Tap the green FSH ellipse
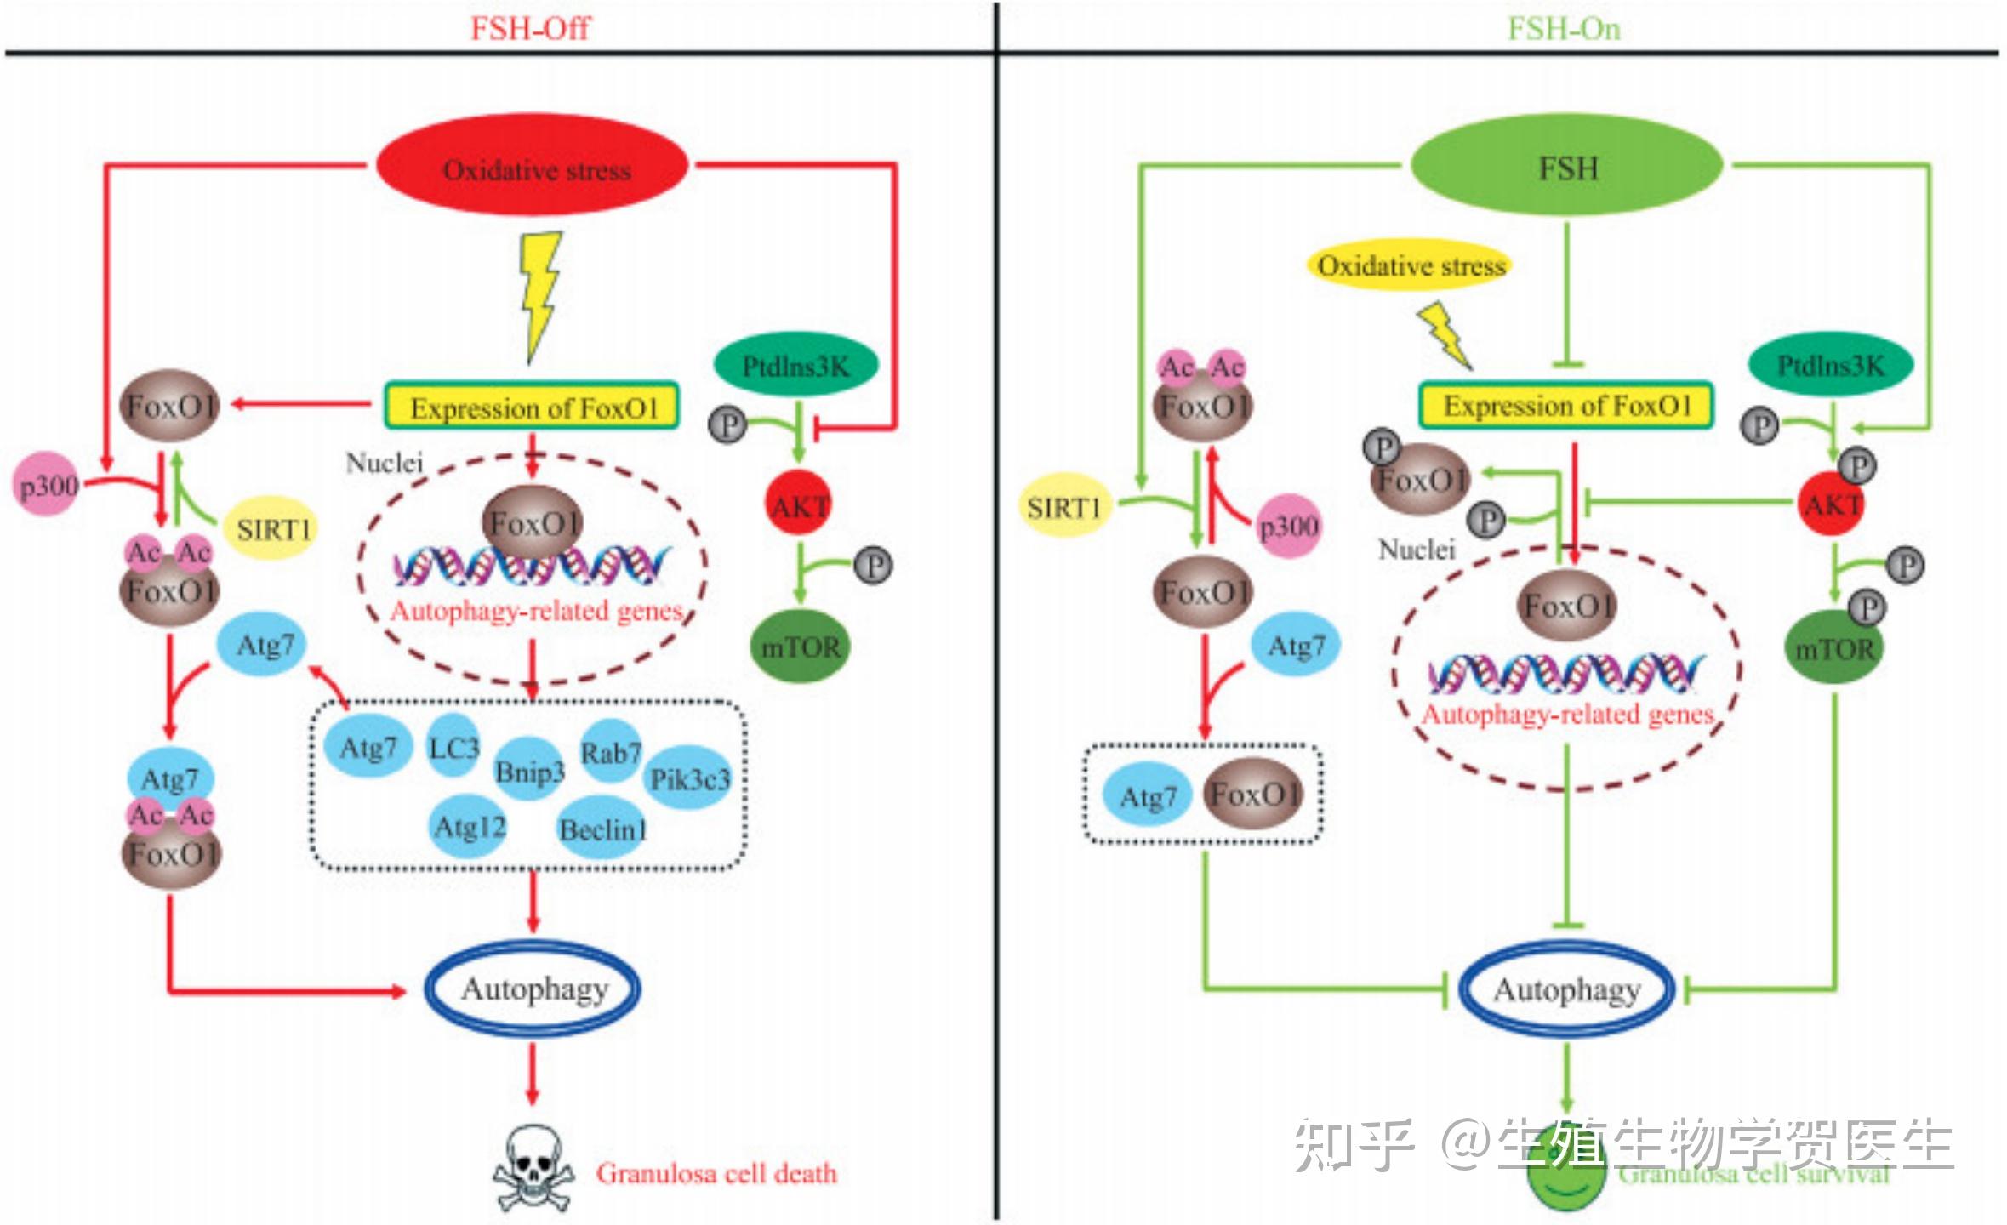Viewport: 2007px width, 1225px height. (x=1566, y=167)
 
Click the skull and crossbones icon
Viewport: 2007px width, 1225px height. (x=533, y=1168)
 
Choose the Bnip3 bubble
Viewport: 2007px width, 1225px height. (x=529, y=771)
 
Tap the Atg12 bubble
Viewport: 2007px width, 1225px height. (x=470, y=826)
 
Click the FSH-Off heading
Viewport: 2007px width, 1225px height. (x=529, y=28)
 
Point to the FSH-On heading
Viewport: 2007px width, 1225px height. (x=1564, y=28)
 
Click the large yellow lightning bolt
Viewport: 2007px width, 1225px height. (x=540, y=294)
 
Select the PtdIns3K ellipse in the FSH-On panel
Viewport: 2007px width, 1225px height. (x=1830, y=365)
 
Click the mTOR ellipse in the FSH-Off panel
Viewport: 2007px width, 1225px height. (x=800, y=647)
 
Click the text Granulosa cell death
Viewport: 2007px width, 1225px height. (x=716, y=1173)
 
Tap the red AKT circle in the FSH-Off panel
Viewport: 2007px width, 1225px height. (x=799, y=506)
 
